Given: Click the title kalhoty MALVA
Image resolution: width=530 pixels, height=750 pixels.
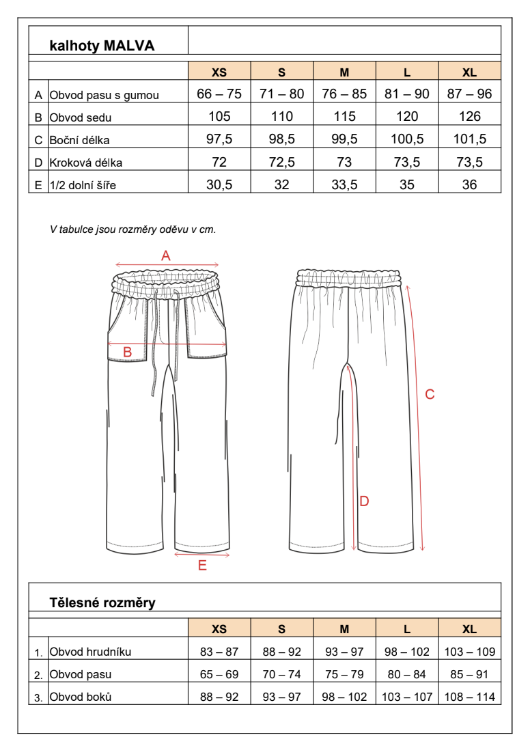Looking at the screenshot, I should [x=102, y=46].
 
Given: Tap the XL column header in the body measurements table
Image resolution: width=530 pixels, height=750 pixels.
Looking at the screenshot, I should [x=469, y=629].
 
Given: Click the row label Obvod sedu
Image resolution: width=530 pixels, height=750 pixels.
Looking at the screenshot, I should [x=81, y=117].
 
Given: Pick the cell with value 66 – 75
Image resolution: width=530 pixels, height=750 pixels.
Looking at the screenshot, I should [x=219, y=94].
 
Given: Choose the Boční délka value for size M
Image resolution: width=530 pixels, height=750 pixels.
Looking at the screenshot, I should [x=344, y=139].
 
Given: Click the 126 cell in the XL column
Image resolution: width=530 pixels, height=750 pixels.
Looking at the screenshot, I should [x=469, y=117].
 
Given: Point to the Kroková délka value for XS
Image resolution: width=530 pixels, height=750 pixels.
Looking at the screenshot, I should [x=219, y=162].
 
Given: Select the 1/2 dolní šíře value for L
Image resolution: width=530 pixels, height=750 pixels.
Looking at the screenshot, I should [x=407, y=184].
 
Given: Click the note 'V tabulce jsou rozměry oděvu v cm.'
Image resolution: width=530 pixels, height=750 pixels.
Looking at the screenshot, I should [x=133, y=230].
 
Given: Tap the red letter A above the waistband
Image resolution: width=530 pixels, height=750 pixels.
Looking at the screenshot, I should [x=165, y=256].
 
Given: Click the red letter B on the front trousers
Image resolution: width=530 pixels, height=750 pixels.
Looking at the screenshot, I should [x=127, y=352].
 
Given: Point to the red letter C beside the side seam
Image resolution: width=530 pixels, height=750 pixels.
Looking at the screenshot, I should [x=430, y=394].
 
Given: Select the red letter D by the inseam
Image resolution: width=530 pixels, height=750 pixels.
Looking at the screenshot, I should [x=364, y=501].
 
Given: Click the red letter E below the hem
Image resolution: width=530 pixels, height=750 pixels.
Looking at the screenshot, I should [x=202, y=566].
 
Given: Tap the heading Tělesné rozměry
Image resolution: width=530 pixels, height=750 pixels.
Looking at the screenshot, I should [x=102, y=602].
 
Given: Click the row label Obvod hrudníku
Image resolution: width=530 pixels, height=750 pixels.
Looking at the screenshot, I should [x=90, y=652].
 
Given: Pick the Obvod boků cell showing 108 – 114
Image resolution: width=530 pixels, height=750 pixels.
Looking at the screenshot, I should [x=469, y=697].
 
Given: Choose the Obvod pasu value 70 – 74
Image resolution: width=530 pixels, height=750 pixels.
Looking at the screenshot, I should [x=281, y=674].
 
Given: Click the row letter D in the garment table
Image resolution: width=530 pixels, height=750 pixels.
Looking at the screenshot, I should [x=38, y=163].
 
